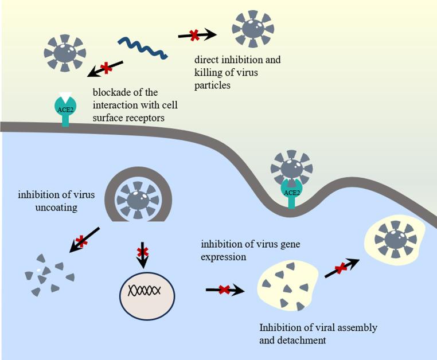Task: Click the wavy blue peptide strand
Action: click(143, 49)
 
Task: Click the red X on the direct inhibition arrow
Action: click(194, 36)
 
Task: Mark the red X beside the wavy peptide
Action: click(106, 69)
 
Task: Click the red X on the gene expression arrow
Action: click(224, 290)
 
